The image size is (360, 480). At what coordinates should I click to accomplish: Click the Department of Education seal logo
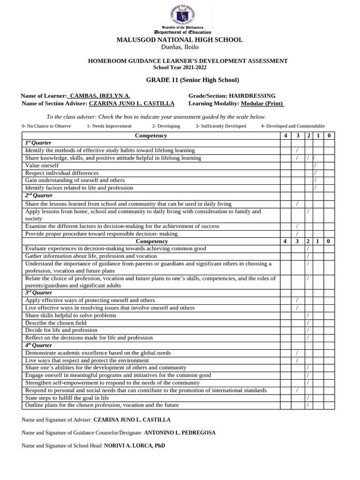180,15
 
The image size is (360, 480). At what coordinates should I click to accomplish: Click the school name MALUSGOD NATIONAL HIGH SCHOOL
180,40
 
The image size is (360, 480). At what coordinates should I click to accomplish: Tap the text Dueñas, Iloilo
180,47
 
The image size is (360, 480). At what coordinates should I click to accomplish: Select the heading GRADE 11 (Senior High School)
192,80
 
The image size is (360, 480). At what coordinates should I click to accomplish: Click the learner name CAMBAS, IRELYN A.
100,96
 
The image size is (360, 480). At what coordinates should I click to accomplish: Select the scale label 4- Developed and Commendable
292,126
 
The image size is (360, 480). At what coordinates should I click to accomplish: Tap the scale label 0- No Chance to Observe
46,126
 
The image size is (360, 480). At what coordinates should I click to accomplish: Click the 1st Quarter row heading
38,143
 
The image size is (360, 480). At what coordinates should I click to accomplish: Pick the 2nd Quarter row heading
39,195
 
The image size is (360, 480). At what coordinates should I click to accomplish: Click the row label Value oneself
42,165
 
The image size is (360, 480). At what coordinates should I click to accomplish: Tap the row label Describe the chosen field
56,323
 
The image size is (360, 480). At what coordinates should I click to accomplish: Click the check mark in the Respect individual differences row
315,173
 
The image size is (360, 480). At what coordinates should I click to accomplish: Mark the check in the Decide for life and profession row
307,330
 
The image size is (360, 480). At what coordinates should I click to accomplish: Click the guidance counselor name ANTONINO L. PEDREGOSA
180,433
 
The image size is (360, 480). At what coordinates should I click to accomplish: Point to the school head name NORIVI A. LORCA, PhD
135,446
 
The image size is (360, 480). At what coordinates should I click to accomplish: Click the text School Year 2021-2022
180,68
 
